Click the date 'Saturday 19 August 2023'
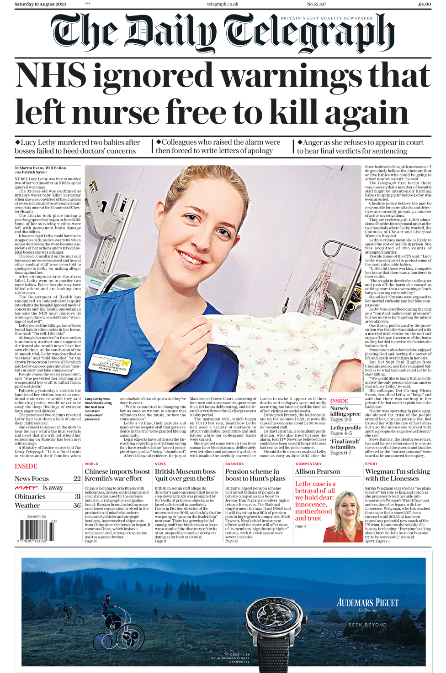point(40,4)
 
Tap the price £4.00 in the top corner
point(424,4)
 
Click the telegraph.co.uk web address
point(223,4)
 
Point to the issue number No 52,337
point(316,4)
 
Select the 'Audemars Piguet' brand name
point(367,603)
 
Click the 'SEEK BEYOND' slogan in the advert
point(367,625)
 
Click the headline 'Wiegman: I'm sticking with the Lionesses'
point(397,475)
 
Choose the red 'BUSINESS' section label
point(234,464)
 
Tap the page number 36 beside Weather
point(77,506)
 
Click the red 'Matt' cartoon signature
point(26,488)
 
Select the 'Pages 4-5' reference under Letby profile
point(341,433)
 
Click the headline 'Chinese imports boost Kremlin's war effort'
point(117,475)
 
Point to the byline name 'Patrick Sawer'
point(35,172)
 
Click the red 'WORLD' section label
point(91,464)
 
